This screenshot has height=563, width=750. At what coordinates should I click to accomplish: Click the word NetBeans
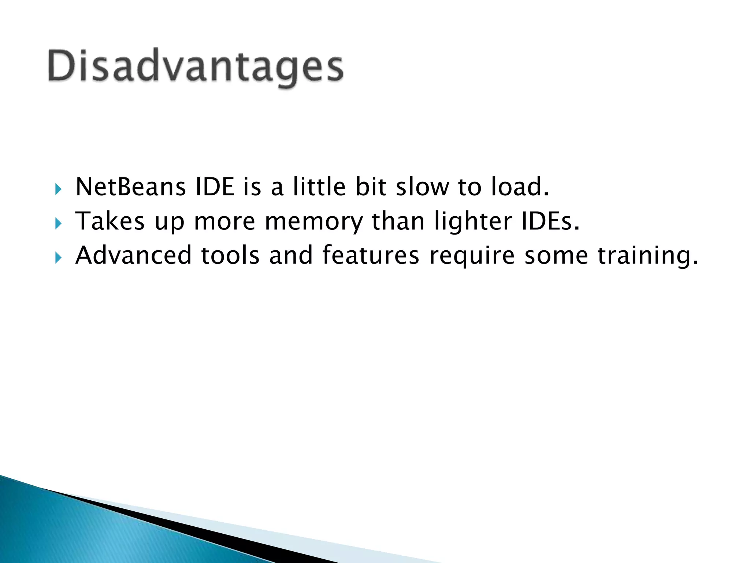pos(130,187)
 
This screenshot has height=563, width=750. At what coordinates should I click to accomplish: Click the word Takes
pos(110,221)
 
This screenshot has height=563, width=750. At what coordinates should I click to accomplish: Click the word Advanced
pos(133,255)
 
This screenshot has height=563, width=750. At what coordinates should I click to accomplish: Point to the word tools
pos(230,255)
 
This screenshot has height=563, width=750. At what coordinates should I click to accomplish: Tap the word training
pos(647,256)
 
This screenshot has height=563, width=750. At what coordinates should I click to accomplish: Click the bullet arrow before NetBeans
pos(58,189)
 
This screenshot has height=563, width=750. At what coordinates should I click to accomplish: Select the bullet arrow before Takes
pos(58,224)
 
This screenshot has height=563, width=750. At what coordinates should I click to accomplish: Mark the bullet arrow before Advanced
pos(58,258)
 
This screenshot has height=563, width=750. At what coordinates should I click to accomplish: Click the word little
pos(319,187)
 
